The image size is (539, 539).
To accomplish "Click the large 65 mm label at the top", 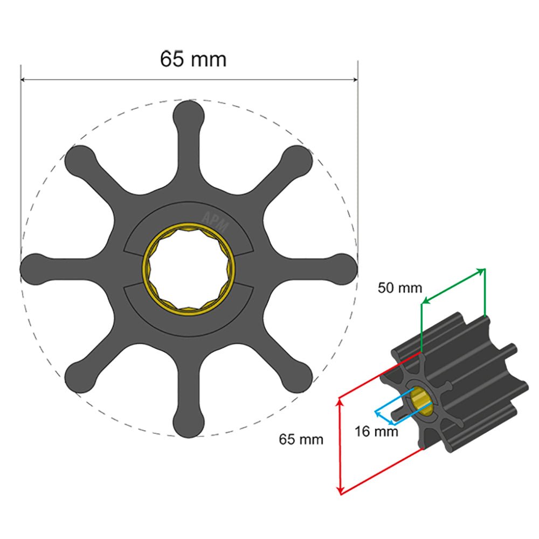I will click(x=193, y=59).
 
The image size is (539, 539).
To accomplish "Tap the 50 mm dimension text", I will click(x=399, y=287).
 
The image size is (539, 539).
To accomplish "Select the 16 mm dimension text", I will click(x=376, y=431).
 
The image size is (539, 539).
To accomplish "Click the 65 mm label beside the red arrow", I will click(x=301, y=439).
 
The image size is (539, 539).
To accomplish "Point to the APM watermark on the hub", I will click(x=215, y=220).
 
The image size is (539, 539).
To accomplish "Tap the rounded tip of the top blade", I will click(x=189, y=114).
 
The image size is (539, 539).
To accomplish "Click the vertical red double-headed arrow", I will click(x=340, y=445).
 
